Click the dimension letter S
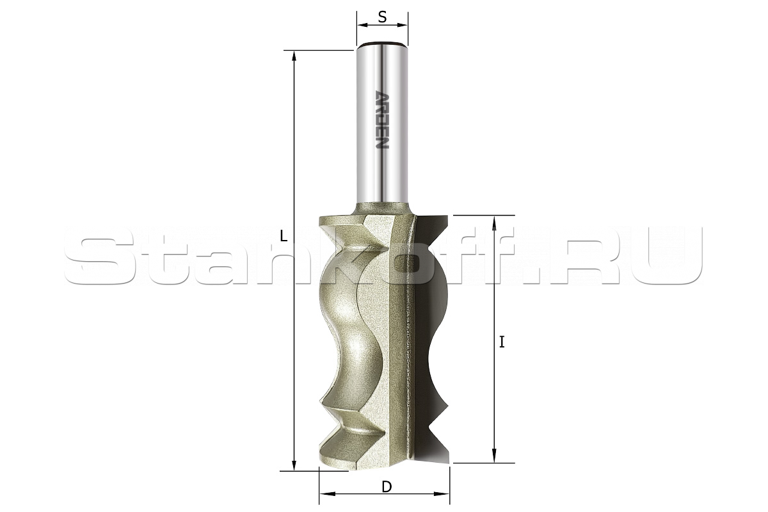tap(382, 17)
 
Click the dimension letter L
tap(283, 236)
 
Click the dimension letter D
tap(387, 487)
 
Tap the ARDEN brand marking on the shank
tap(382, 119)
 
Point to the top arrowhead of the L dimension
tap(294, 56)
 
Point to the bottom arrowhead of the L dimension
tap(294, 465)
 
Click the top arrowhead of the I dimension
tap(494, 221)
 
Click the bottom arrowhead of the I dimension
tap(494, 457)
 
